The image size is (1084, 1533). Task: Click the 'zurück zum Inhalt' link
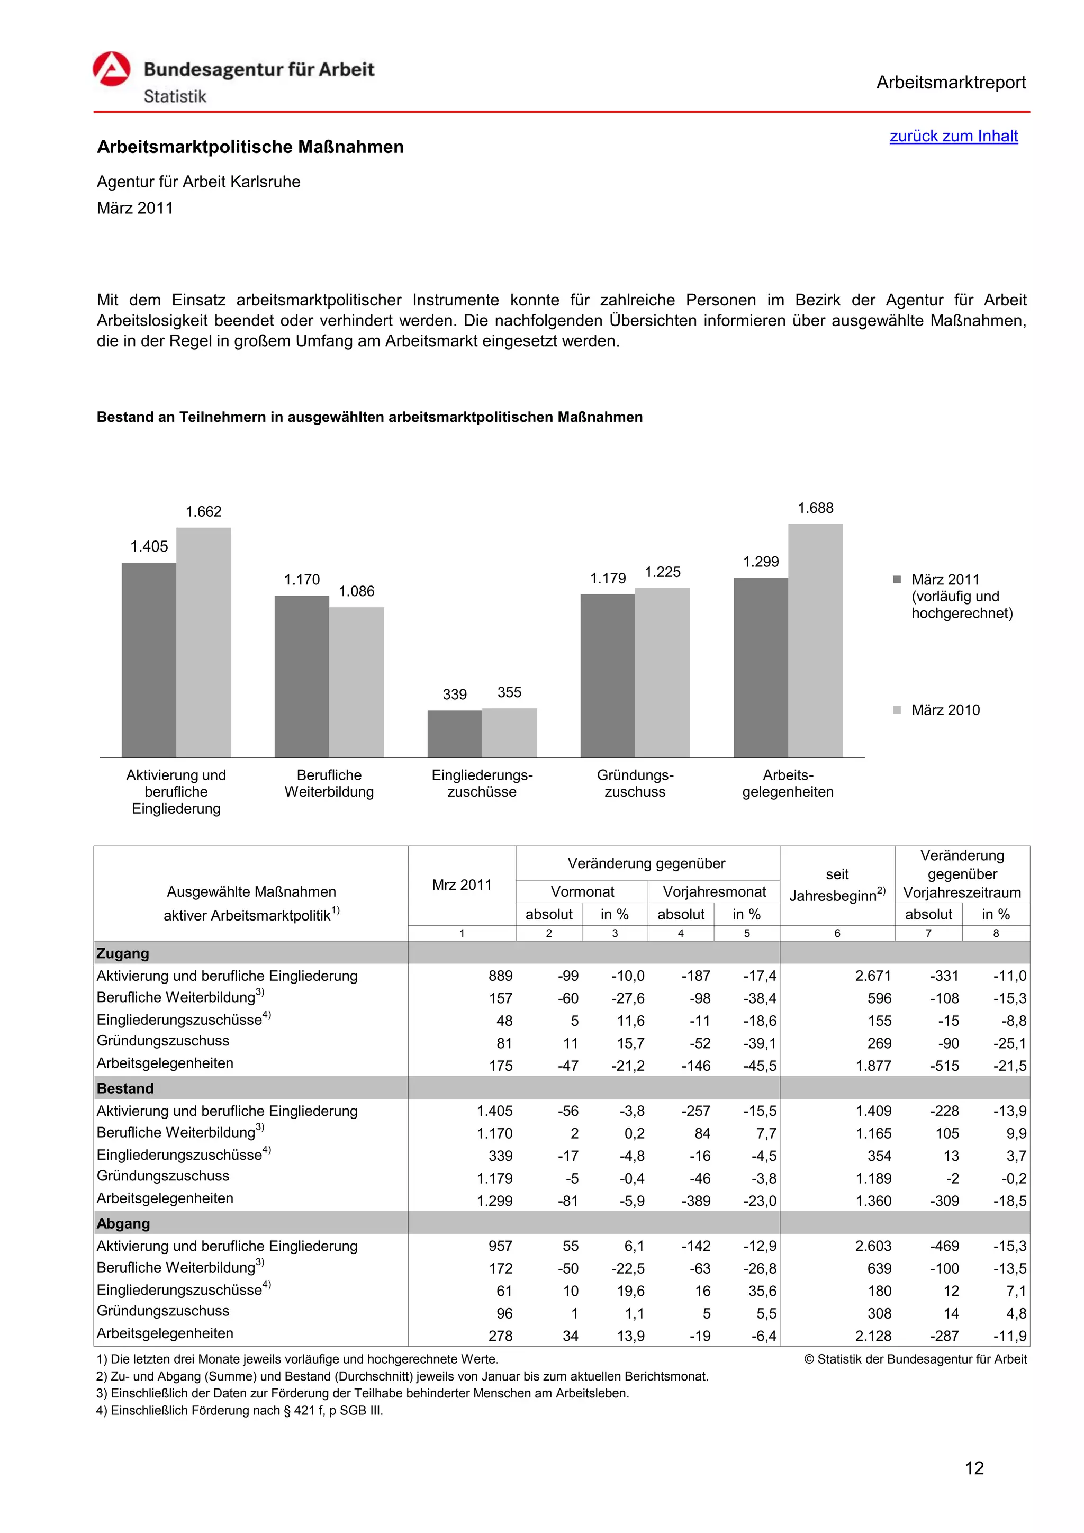coord(953,136)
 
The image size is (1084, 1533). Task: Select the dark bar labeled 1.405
coord(149,660)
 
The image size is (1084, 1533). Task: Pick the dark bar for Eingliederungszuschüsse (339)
coord(455,733)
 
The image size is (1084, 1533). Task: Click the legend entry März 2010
coord(945,710)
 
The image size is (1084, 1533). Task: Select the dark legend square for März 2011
coord(897,580)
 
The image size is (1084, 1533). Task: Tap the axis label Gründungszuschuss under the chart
coord(635,783)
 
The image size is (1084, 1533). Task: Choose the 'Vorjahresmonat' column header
coord(713,891)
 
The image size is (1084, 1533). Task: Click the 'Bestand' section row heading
coord(125,1088)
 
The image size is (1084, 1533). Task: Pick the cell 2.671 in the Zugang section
coord(873,976)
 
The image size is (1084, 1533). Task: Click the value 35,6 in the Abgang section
coord(762,1291)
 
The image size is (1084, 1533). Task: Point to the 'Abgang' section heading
coord(123,1223)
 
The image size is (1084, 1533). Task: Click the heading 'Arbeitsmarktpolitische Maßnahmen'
coord(250,147)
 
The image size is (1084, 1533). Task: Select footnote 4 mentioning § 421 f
coord(240,1410)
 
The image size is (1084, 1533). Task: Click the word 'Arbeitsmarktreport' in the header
coord(951,83)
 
